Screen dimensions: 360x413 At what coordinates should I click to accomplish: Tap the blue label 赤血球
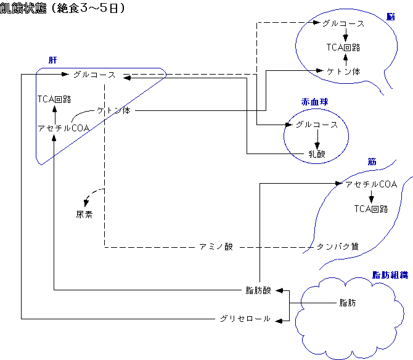[x=313, y=103]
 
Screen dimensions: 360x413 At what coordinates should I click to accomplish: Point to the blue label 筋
[x=372, y=162]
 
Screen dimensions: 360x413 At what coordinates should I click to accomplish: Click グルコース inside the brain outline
[x=343, y=24]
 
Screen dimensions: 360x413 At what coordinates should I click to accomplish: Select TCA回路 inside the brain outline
[x=343, y=47]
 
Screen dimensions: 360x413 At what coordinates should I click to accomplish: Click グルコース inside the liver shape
[x=94, y=75]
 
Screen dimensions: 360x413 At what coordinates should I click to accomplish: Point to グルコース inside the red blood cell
[x=317, y=125]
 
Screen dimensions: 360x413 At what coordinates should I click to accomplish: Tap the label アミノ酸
[x=216, y=247]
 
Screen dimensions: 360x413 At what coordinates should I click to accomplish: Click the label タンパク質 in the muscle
[x=337, y=247]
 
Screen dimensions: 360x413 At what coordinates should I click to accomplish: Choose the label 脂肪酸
[x=258, y=290]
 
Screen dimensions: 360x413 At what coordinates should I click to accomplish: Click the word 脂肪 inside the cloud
[x=347, y=303]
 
